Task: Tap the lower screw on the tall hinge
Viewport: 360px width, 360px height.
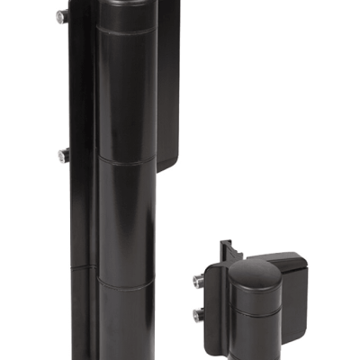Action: pos(62,155)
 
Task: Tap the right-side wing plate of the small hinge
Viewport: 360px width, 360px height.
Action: pos(292,270)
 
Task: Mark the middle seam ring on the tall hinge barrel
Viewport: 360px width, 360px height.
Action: pos(126,161)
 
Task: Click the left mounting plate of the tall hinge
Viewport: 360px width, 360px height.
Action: pos(79,135)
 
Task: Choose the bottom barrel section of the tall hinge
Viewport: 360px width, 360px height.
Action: pos(126,319)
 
